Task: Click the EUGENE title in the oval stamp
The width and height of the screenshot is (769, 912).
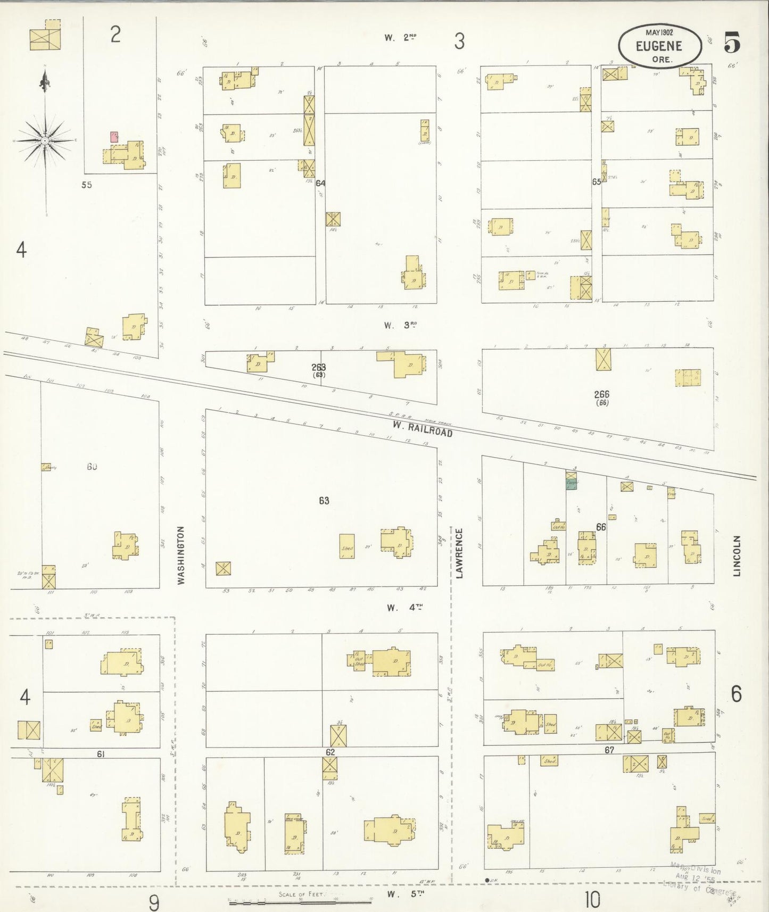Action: [659, 46]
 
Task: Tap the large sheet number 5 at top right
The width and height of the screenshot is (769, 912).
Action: [732, 43]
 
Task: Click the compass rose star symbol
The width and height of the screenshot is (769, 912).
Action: [46, 140]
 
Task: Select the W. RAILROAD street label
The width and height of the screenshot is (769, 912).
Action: [423, 429]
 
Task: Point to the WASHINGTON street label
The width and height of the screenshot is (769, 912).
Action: [181, 555]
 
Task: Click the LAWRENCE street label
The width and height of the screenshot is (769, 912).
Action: [459, 553]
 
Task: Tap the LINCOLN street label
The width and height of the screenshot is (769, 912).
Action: [737, 556]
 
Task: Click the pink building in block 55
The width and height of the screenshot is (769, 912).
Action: [114, 137]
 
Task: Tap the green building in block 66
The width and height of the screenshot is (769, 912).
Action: [572, 484]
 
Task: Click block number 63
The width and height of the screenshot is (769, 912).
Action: [324, 500]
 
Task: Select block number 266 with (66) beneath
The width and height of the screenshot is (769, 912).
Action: [601, 397]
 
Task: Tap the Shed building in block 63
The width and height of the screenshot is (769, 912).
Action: [347, 546]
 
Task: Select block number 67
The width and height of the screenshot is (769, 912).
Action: [609, 750]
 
